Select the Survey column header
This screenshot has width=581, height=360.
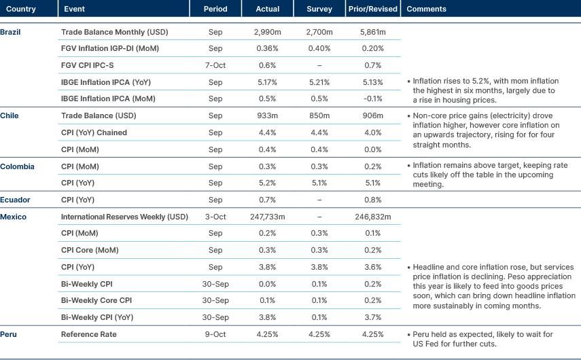pyautogui.click(x=319, y=10)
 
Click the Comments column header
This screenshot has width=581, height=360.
pyautogui.click(x=425, y=10)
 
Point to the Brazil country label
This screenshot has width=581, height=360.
pyautogui.click(x=10, y=32)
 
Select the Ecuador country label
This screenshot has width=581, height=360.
pyautogui.click(x=14, y=200)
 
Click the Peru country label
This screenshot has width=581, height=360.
pyautogui.click(x=9, y=334)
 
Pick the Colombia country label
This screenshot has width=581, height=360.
pyautogui.click(x=17, y=166)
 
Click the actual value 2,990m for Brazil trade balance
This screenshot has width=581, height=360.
pyautogui.click(x=267, y=32)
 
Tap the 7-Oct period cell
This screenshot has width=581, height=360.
pyautogui.click(x=215, y=65)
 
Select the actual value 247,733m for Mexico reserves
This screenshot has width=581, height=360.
pyautogui.click(x=267, y=217)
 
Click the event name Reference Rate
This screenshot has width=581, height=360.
pyautogui.click(x=89, y=334)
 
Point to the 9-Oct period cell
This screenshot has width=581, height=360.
pyautogui.click(x=215, y=334)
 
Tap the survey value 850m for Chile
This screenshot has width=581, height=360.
pyautogui.click(x=319, y=115)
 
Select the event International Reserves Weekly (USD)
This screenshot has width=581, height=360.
pyautogui.click(x=124, y=217)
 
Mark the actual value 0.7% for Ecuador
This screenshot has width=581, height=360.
pyautogui.click(x=267, y=200)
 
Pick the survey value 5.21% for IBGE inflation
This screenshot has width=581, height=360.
pyautogui.click(x=319, y=82)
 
